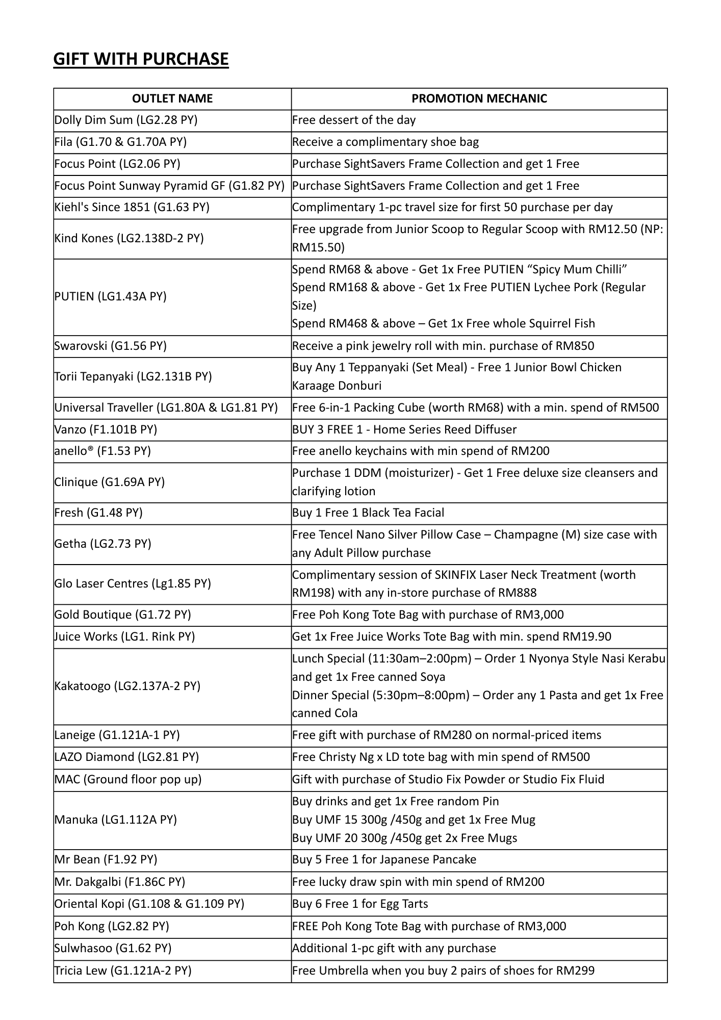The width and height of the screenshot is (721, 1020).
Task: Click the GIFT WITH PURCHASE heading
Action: point(141,59)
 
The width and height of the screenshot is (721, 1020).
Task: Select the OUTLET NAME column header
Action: point(172,98)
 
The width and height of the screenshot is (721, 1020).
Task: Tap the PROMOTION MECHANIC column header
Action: point(479,98)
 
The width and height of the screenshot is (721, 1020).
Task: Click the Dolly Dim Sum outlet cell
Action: point(126,120)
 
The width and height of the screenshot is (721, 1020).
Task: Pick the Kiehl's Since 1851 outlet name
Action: point(132,208)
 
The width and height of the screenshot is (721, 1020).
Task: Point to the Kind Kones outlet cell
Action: point(129,238)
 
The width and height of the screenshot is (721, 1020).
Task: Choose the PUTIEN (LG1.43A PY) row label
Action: point(111,296)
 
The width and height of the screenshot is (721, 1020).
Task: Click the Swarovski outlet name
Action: point(111,346)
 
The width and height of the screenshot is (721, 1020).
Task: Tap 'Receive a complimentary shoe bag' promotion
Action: point(385,142)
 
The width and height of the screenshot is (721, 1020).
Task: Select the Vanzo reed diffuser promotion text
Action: point(404,429)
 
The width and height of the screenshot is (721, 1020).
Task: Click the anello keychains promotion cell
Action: point(421,451)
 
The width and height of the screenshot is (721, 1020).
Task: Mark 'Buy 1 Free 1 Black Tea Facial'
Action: point(368,513)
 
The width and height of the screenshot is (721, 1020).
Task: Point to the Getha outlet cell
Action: point(103,544)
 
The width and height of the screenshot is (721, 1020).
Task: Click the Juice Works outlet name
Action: point(125,636)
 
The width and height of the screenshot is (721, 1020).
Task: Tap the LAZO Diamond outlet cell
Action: point(126,757)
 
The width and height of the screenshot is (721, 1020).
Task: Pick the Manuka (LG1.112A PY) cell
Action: point(116,820)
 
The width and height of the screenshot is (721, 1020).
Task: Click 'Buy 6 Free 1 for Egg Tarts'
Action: point(360,904)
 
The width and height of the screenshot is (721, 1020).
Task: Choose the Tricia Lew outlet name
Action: point(123,970)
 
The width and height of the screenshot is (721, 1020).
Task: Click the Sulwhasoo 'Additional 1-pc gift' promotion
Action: point(394,948)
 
